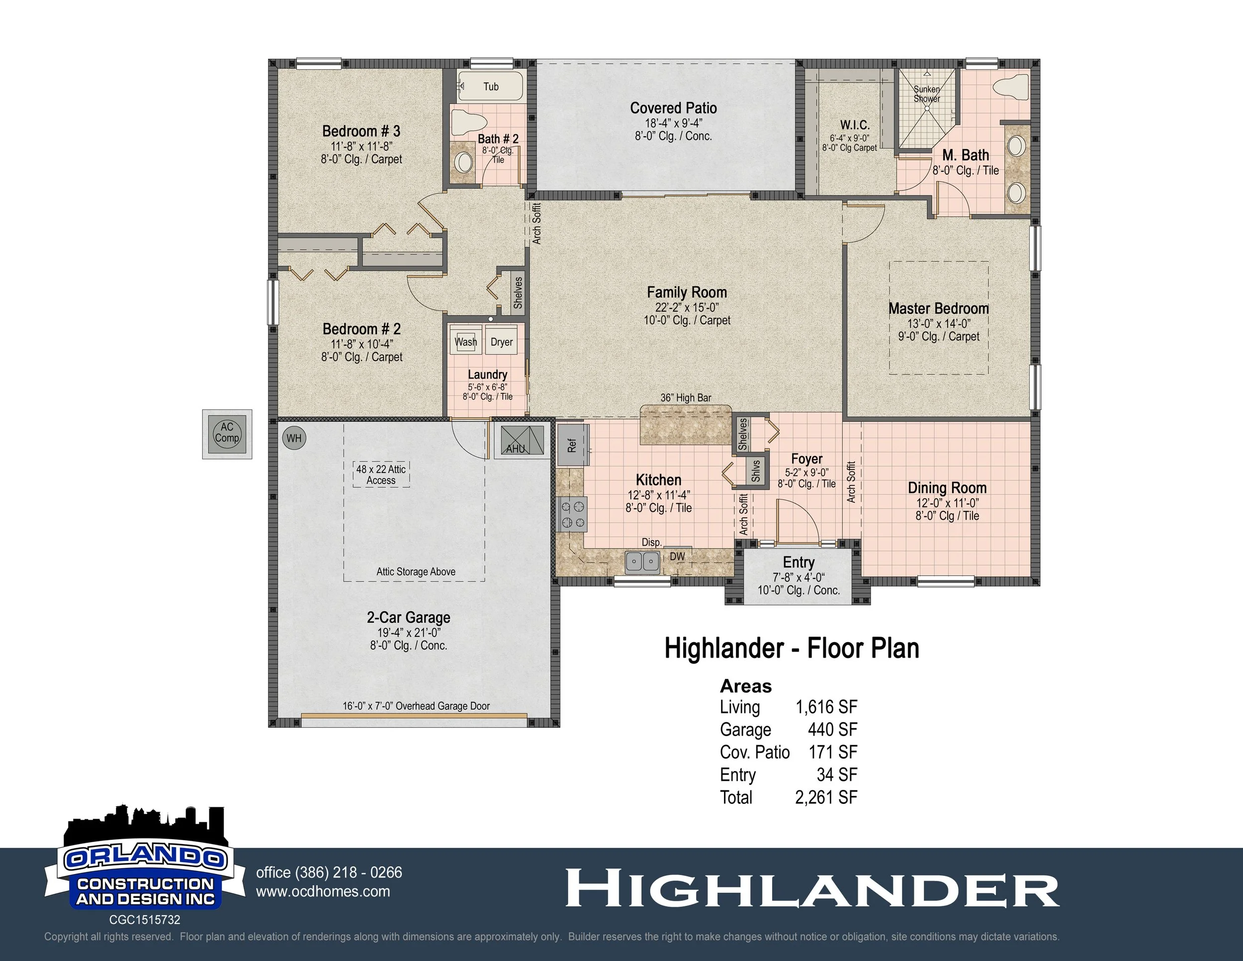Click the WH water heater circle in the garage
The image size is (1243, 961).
[294, 438]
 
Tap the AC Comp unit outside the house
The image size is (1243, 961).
[227, 434]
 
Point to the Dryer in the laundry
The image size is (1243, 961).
[501, 342]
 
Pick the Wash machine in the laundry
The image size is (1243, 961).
[465, 342]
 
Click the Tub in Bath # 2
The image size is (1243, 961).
[491, 87]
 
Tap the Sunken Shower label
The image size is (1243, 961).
[927, 94]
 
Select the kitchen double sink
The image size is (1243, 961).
[642, 562]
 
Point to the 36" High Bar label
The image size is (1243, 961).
[685, 398]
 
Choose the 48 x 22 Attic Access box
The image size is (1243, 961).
[381, 474]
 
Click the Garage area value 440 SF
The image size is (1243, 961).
[832, 729]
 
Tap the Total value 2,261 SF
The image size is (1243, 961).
[826, 797]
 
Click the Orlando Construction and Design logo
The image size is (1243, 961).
[145, 865]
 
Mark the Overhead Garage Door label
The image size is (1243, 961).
[416, 706]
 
